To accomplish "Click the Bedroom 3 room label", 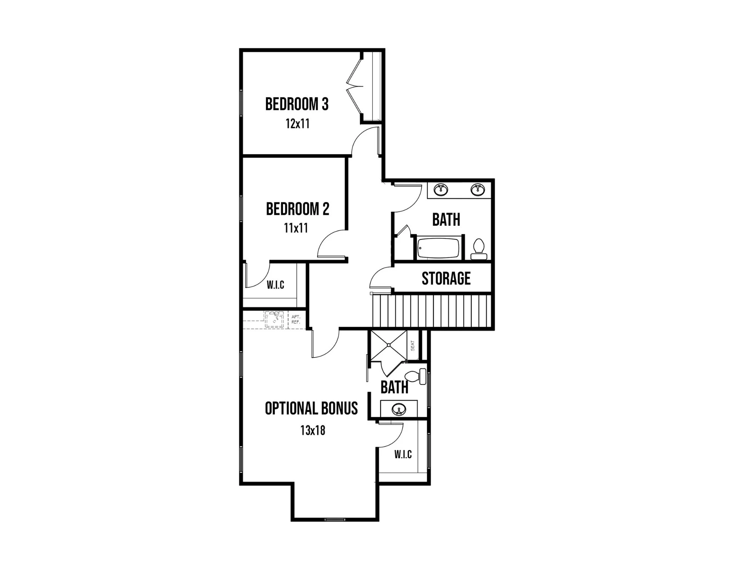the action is [x=297, y=104].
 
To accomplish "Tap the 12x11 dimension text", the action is [x=297, y=124].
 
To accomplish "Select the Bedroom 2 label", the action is [x=297, y=209].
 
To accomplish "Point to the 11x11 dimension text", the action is [x=296, y=228].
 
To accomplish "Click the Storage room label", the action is [x=446, y=278].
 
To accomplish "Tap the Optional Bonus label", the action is [x=312, y=408].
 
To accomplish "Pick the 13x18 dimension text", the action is [x=313, y=430].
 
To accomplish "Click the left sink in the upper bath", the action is [x=441, y=189].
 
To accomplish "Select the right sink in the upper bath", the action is [x=478, y=189].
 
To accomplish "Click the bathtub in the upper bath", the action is [x=438, y=248].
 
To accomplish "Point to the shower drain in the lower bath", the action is [x=389, y=345].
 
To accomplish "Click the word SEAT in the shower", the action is [x=413, y=345].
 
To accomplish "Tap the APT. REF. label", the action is [x=296, y=319].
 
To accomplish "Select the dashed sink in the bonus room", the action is [x=275, y=319].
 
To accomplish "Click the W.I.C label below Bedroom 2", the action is [x=276, y=285].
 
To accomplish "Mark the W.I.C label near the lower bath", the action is [x=403, y=454].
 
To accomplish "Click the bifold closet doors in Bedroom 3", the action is [x=354, y=87].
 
